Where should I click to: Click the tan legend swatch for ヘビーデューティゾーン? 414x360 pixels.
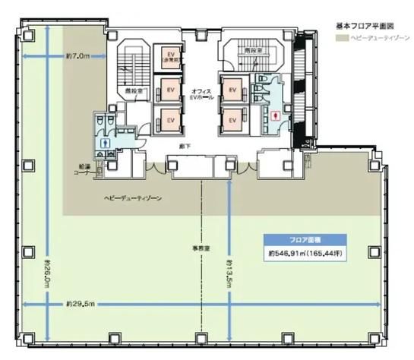340,38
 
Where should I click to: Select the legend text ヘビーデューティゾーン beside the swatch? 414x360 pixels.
374,38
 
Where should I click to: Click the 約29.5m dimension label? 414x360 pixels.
79,304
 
